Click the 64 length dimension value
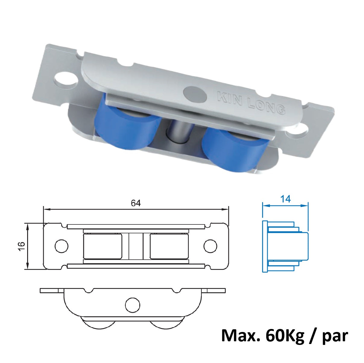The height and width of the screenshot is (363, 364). [x=136, y=203]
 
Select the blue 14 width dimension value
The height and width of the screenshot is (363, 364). [x=285, y=199]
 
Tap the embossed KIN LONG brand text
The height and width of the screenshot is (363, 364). [x=251, y=103]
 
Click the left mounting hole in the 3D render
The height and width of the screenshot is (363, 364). [x=65, y=80]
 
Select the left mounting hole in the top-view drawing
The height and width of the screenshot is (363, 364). [x=61, y=246]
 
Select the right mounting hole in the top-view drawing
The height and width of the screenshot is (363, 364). [x=210, y=246]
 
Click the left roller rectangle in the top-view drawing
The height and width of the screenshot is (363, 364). [x=103, y=246]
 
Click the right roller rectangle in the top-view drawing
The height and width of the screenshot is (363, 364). [x=169, y=246]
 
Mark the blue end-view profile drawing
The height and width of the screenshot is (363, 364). [x=285, y=246]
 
